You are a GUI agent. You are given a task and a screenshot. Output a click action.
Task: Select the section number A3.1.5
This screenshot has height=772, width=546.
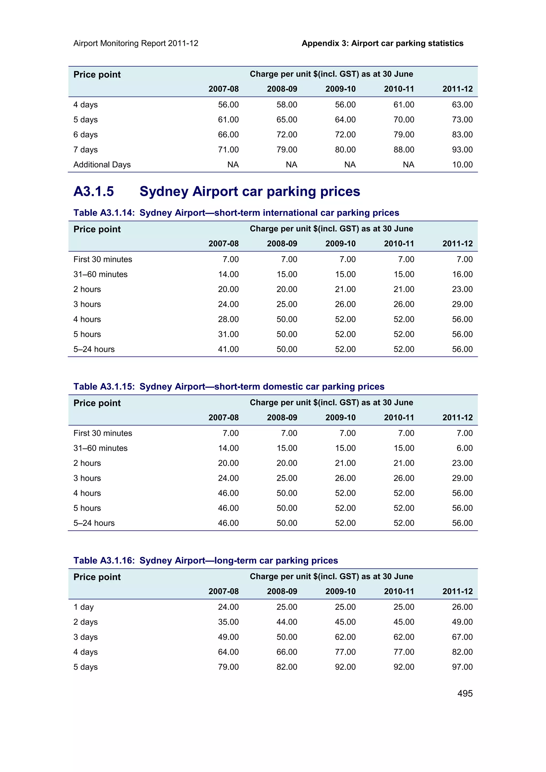pyautogui.click(x=94, y=191)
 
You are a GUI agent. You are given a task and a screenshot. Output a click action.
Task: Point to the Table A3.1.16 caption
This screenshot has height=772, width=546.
pyautogui.click(x=206, y=560)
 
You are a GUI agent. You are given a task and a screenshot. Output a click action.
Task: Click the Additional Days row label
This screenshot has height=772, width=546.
pyautogui.click(x=102, y=164)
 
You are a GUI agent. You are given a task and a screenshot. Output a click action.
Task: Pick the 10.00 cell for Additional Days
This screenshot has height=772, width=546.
pyautogui.click(x=462, y=164)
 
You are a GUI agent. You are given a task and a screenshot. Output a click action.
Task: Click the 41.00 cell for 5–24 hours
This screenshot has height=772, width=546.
pyautogui.click(x=228, y=349)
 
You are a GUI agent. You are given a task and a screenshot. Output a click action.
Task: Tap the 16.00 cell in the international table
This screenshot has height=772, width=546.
pyautogui.click(x=462, y=274)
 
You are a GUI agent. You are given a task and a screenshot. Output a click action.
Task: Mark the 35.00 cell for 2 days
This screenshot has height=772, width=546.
pyautogui.click(x=228, y=622)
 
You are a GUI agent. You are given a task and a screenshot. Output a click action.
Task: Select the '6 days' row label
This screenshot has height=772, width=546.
pyautogui.click(x=86, y=135)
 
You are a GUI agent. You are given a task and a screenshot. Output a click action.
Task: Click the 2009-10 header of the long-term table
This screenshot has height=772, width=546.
pyautogui.click(x=340, y=591)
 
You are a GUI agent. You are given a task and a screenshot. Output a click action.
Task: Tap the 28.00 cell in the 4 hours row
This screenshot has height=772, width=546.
pyautogui.click(x=228, y=319)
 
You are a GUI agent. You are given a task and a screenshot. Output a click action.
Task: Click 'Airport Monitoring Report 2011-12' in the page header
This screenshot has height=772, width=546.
pyautogui.click(x=136, y=43)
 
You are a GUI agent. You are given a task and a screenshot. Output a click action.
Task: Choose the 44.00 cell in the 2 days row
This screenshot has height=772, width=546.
pyautogui.click(x=287, y=622)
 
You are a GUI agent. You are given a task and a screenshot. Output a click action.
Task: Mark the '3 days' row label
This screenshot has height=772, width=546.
pyautogui.click(x=86, y=637)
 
